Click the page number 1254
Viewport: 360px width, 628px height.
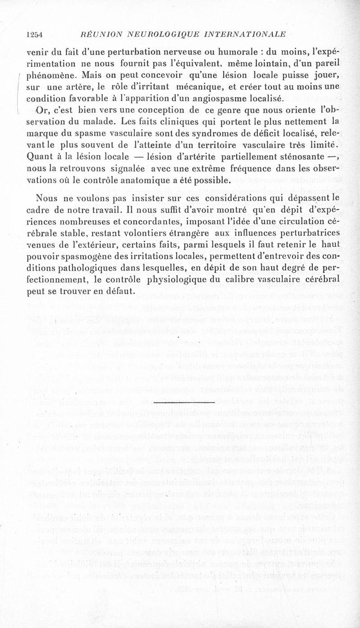pos(34,34)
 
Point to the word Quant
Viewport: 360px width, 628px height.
pos(40,158)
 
